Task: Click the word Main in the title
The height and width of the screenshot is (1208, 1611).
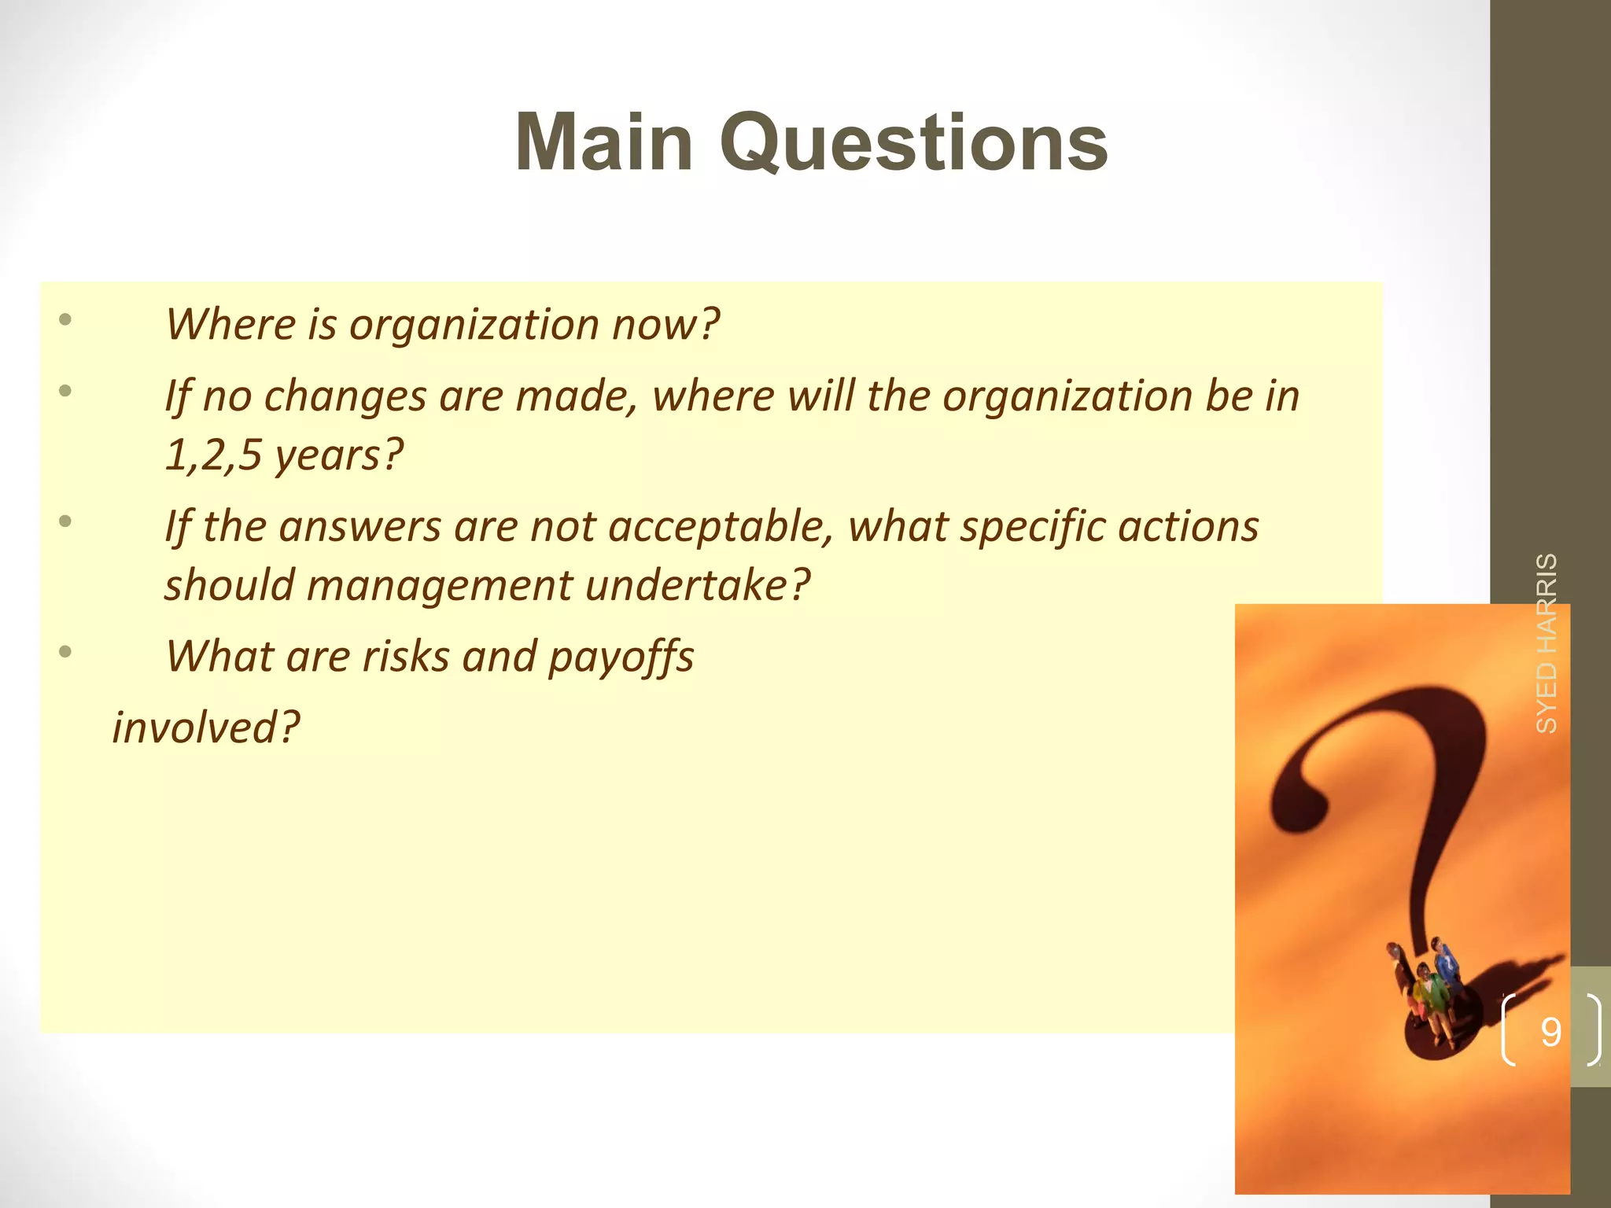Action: [604, 142]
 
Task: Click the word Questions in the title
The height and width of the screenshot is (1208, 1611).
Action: [913, 144]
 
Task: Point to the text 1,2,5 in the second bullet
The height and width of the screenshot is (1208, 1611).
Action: [212, 455]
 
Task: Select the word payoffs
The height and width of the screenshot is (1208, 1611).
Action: [621, 657]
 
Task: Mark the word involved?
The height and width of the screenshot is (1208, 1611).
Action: [206, 727]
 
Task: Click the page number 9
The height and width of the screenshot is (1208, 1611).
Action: [1550, 1032]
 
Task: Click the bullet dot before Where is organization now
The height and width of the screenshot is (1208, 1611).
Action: [65, 319]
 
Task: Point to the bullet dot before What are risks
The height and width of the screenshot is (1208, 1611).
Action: [65, 651]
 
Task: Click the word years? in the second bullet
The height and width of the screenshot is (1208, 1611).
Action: [339, 455]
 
